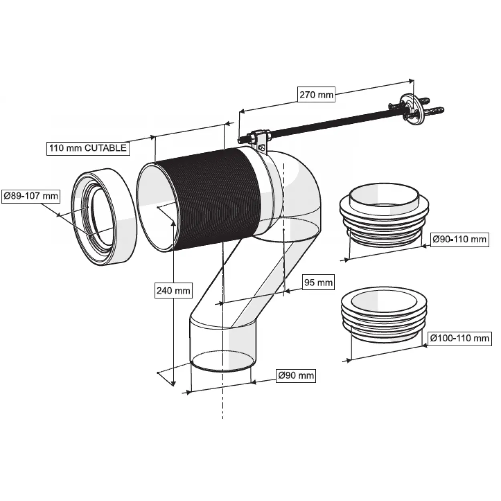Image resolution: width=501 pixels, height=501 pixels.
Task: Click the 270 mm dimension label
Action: pyautogui.click(x=316, y=95)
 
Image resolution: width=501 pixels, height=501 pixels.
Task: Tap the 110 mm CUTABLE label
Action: pyautogui.click(x=87, y=148)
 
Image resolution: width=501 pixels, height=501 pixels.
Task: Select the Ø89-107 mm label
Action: pyautogui.click(x=30, y=196)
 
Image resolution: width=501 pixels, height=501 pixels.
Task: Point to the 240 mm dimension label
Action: pyautogui.click(x=173, y=290)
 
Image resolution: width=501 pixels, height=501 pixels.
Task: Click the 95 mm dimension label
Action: pyautogui.click(x=318, y=282)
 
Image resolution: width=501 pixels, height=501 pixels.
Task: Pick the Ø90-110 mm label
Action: pyautogui.click(x=459, y=239)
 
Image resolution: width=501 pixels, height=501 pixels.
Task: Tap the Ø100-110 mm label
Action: pyautogui.click(x=459, y=338)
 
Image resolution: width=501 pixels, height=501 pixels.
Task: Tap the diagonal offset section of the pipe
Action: pyautogui.click(x=248, y=281)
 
